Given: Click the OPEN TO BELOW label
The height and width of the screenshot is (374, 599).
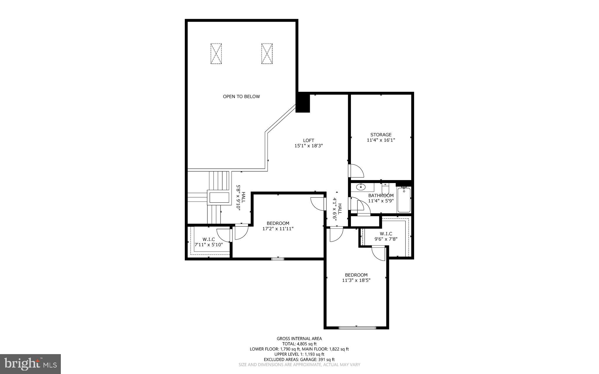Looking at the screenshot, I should [241, 96].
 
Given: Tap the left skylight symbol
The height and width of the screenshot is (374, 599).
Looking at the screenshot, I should [216, 54].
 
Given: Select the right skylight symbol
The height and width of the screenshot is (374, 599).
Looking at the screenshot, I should [267, 54].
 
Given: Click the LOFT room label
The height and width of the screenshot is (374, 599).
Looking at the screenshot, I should [308, 141].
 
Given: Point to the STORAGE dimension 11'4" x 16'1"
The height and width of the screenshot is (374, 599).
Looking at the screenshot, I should [381, 140].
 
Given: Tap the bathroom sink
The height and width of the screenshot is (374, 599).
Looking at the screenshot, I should [361, 187].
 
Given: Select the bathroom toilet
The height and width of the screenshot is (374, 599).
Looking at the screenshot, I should [385, 189].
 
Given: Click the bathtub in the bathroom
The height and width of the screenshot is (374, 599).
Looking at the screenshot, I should [404, 200].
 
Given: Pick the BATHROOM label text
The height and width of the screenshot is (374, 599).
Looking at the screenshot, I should [381, 196].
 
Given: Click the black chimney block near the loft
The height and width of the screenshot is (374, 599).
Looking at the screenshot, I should [303, 102].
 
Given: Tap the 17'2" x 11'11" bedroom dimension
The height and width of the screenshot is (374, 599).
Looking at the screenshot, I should [278, 229].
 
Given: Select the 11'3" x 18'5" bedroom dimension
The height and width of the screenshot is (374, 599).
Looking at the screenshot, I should [356, 280].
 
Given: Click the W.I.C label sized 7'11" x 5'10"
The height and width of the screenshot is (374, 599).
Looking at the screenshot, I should [209, 242].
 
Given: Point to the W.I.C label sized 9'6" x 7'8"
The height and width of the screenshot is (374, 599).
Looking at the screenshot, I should [386, 236].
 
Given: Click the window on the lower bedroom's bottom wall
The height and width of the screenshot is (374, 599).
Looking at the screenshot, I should [357, 328].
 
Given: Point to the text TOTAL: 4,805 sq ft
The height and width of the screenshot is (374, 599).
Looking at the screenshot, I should [299, 344].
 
